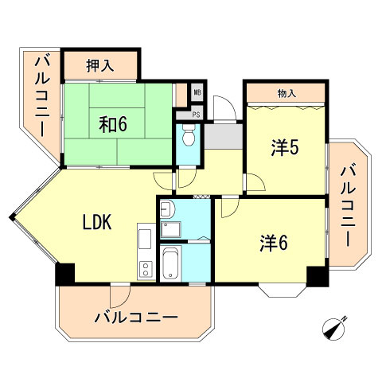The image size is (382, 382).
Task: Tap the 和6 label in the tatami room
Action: tap(113, 124)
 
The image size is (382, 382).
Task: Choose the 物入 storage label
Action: tap(286, 94)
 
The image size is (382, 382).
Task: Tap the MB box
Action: tap(197, 92)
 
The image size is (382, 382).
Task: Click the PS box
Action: tap(197, 113)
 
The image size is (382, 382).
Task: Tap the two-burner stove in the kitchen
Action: tap(146, 269)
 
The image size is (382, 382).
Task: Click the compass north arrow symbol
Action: tap(336, 328)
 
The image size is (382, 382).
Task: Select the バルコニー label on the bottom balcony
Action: tap(135, 318)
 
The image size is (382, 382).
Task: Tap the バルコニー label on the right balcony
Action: tap(348, 204)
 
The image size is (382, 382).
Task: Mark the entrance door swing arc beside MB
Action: tap(224, 105)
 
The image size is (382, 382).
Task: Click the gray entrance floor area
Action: tap(223, 137)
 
